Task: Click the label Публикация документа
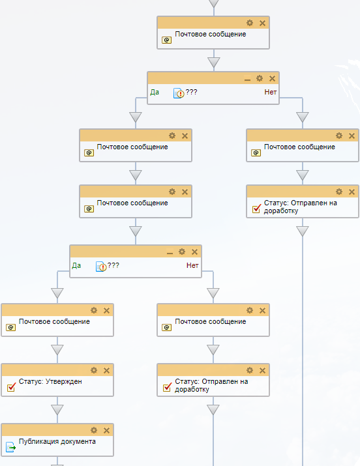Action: [57, 442]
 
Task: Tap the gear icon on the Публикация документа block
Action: [94, 430]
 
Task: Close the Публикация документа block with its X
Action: [107, 430]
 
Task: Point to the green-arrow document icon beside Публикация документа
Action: [10, 447]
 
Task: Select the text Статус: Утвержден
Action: [50, 381]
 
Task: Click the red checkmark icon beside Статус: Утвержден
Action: [11, 387]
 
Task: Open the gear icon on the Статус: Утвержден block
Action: [94, 370]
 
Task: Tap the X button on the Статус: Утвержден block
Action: [107, 370]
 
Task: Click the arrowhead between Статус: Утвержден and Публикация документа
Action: [57, 409]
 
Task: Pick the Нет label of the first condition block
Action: [271, 92]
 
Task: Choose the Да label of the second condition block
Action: [76, 265]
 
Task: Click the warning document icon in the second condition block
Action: [101, 267]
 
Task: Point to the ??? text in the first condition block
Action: [191, 92]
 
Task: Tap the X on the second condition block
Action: [195, 252]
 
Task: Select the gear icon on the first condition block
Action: [260, 78]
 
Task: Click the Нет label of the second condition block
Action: [192, 265]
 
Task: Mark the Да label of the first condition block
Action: [155, 92]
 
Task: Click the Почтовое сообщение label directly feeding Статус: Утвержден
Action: [54, 321]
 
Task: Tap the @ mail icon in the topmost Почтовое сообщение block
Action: [166, 40]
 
